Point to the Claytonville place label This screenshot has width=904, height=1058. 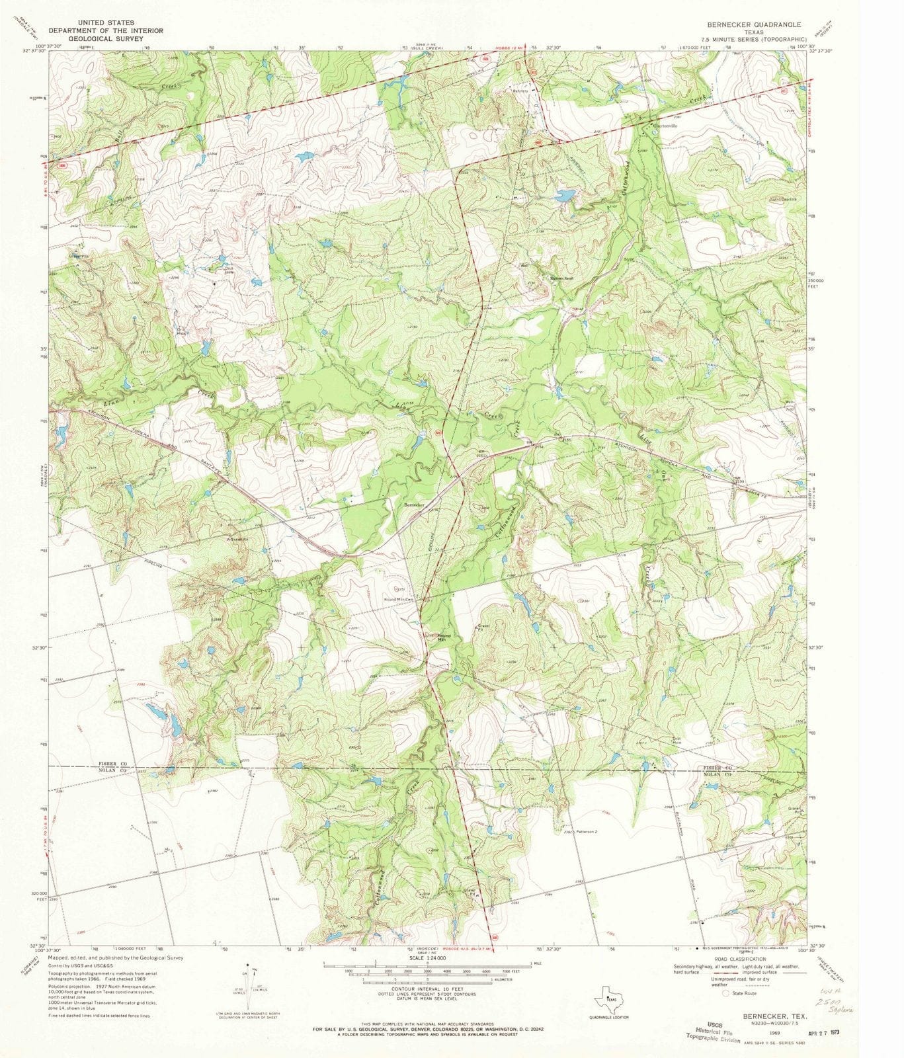click(x=665, y=125)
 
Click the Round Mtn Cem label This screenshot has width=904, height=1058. click(x=403, y=600)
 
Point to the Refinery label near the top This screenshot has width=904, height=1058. click(x=520, y=91)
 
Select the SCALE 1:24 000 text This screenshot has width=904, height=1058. click(x=428, y=957)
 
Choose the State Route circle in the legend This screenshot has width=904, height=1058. click(x=726, y=993)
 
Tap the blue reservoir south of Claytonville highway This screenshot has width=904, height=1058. click(x=565, y=196)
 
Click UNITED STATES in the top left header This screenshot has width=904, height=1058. click(x=106, y=22)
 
